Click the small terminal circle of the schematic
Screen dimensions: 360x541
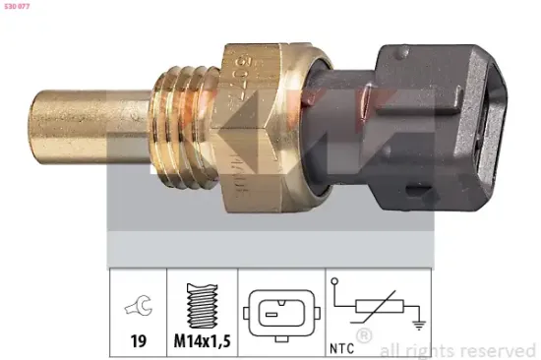[338, 283]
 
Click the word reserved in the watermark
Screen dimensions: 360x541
[498, 349]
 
